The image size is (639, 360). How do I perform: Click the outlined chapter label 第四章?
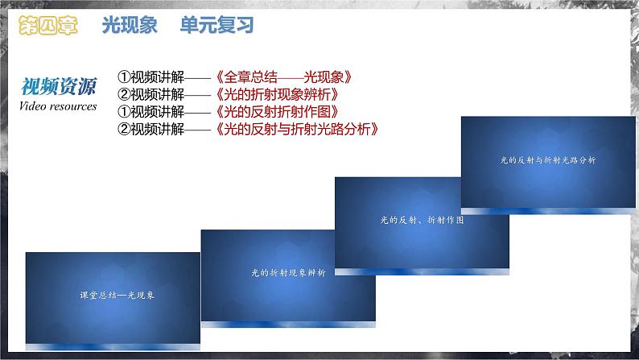pos(48,26)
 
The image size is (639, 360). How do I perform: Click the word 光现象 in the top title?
pos(133,26)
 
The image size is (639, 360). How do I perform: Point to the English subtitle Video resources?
pos(58,106)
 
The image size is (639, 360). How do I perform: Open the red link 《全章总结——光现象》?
pos(285,78)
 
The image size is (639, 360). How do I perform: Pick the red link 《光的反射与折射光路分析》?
pos(297,128)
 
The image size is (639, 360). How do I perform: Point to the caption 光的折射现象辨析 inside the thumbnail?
pos(288,273)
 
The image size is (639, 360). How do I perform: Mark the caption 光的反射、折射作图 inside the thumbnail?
pos(422,218)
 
